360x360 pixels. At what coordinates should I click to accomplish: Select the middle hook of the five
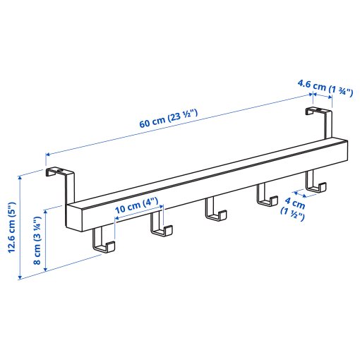(x=213, y=210)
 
